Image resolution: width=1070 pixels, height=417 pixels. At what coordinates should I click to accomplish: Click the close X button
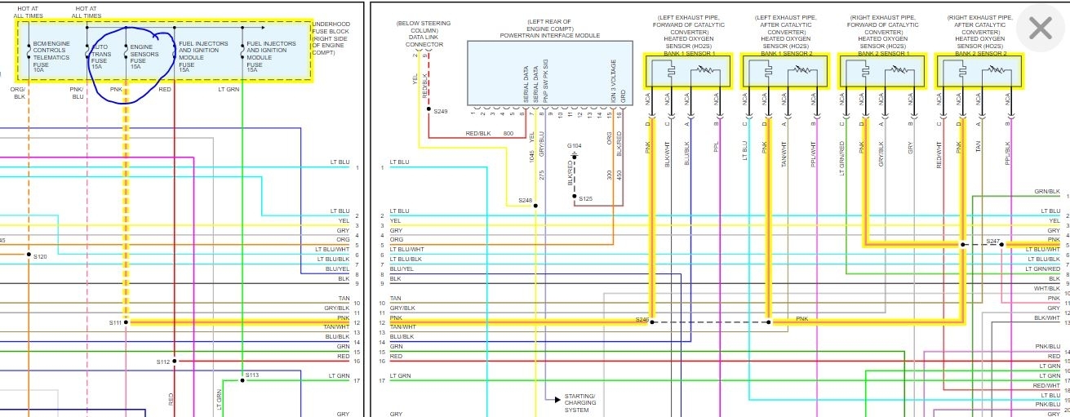[x=1041, y=29]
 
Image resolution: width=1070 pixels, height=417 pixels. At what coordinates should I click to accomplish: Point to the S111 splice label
[x=114, y=323]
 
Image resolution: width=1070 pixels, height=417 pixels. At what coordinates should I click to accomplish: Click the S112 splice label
[x=162, y=362]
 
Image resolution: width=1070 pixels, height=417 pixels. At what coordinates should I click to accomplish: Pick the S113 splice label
[x=252, y=376]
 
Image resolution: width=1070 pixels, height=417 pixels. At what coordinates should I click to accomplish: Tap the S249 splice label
[x=441, y=111]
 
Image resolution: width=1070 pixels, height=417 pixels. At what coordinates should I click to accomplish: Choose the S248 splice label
[x=524, y=200]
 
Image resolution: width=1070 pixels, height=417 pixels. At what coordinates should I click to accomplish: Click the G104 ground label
[x=575, y=145]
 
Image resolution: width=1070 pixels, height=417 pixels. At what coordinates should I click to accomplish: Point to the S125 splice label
[x=586, y=198]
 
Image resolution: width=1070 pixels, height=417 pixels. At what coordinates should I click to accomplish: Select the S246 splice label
[x=642, y=320]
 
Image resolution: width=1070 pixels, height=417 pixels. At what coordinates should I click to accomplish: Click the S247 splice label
[x=992, y=241]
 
